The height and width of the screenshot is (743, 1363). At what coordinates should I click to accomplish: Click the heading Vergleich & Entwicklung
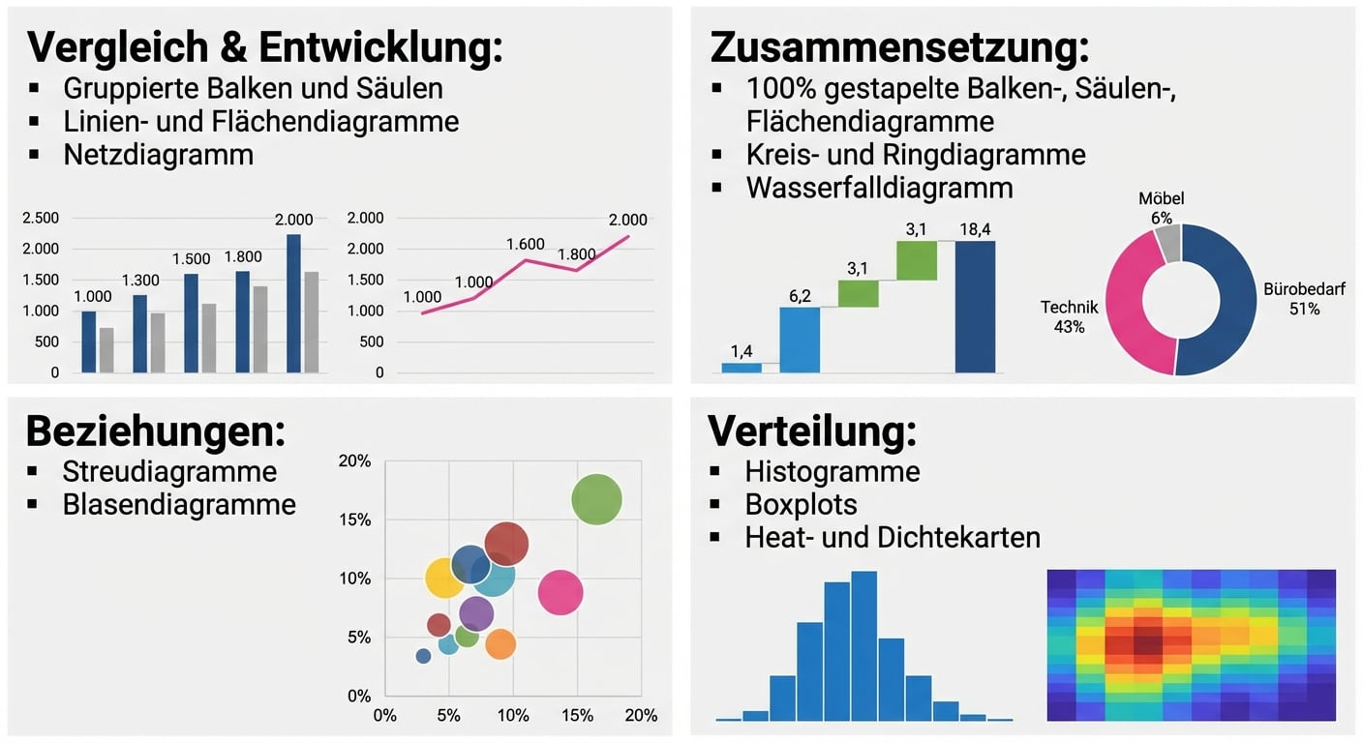click(264, 46)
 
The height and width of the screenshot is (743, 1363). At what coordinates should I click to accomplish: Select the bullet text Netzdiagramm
click(158, 155)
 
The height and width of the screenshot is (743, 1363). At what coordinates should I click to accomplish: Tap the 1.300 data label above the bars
click(140, 281)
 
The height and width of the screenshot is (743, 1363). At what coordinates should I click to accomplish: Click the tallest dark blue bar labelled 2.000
click(293, 303)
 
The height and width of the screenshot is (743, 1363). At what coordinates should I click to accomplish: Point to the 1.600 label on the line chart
click(526, 245)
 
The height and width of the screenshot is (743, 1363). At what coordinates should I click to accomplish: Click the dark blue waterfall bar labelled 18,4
click(974, 307)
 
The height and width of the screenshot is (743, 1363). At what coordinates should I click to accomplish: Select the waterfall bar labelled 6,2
click(800, 340)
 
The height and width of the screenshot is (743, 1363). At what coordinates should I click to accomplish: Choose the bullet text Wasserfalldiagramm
click(879, 188)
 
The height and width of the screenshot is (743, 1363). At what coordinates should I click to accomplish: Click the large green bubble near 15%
click(596, 500)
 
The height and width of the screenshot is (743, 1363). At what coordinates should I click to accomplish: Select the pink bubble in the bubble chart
click(560, 592)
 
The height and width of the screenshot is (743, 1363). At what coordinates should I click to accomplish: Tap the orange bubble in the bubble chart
click(500, 643)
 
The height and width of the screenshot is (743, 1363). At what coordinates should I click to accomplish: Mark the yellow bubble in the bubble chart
click(444, 579)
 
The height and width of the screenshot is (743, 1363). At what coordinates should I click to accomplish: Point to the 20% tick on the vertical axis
click(354, 461)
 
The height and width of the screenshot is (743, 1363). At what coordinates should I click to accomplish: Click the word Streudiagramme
click(169, 471)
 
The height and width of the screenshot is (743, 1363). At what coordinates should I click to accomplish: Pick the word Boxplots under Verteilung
click(801, 504)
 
